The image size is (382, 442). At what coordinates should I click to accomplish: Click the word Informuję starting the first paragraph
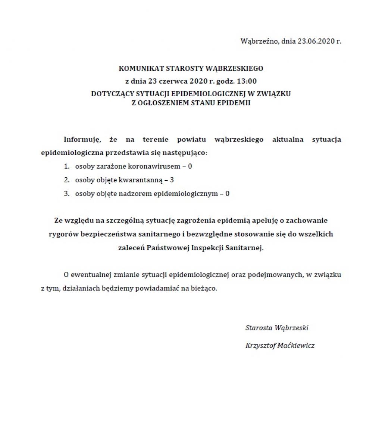pos(82,140)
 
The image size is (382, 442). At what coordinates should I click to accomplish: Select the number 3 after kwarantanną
pos(172,180)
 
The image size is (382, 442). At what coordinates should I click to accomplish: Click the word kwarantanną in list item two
pos(141,180)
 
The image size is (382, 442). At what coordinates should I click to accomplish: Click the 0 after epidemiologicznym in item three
pos(227,194)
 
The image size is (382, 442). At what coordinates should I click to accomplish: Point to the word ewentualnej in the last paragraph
pos(89,275)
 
